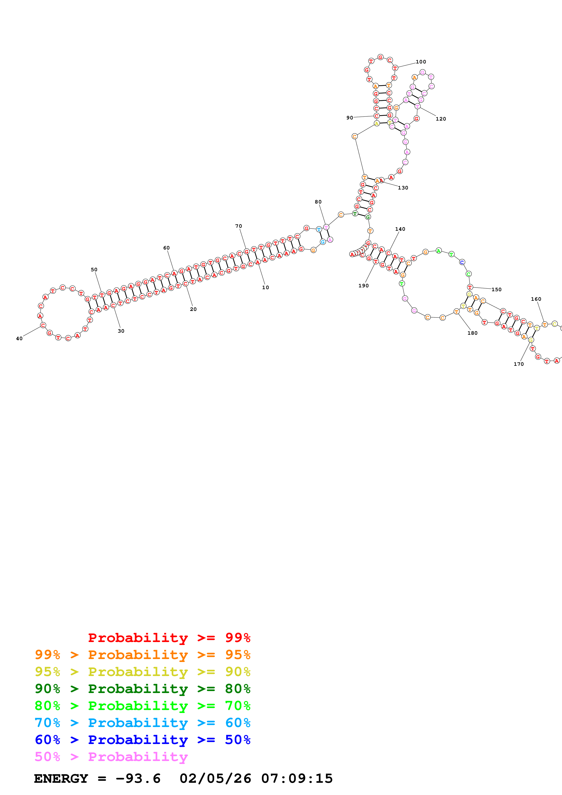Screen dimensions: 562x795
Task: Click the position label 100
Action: (421, 62)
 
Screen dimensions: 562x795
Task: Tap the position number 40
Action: (19, 339)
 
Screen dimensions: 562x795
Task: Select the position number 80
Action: (318, 202)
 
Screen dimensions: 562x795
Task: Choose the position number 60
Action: (166, 248)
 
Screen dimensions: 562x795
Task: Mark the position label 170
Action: (518, 364)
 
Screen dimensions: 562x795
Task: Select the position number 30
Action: (121, 331)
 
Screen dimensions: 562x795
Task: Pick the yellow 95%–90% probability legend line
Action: (142, 672)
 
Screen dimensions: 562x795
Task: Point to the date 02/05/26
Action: (215, 779)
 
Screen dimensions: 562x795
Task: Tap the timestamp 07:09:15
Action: (297, 779)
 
